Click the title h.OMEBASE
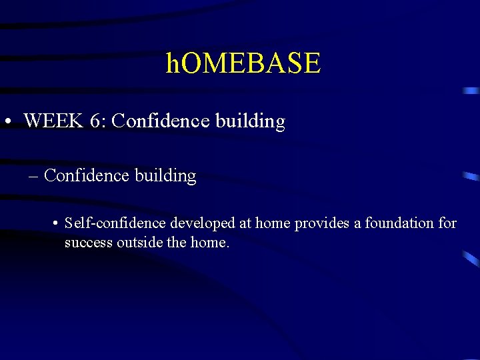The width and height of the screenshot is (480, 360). point(243,64)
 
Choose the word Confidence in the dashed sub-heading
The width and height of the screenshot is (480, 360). point(86,176)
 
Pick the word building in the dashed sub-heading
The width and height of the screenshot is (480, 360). point(165,176)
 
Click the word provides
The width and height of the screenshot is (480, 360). point(323,223)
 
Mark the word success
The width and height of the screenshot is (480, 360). point(89,243)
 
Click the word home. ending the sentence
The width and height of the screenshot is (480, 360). point(209,243)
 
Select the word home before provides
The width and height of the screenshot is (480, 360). point(273,223)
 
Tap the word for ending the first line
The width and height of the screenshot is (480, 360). point(447,223)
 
